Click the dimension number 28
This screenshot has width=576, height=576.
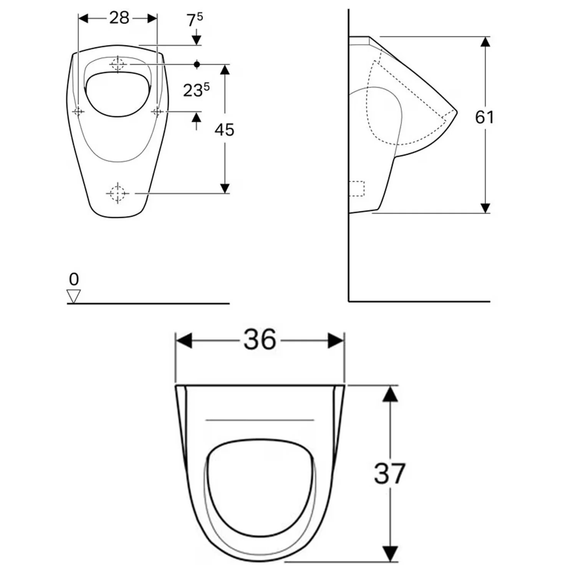pyautogui.click(x=119, y=18)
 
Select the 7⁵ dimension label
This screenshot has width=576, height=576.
pyautogui.click(x=195, y=20)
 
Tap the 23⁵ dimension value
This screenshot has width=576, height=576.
pyautogui.click(x=196, y=90)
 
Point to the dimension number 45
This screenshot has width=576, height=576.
pyautogui.click(x=224, y=130)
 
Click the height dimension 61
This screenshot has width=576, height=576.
pyautogui.click(x=485, y=117)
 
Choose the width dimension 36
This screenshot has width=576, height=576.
pyautogui.click(x=260, y=340)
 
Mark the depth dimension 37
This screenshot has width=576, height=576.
pyautogui.click(x=390, y=473)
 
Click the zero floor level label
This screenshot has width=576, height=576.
pyautogui.click(x=74, y=279)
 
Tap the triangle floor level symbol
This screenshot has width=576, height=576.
pyautogui.click(x=74, y=296)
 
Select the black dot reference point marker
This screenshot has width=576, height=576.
pyautogui.click(x=197, y=64)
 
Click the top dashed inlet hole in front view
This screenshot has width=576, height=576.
pyautogui.click(x=118, y=64)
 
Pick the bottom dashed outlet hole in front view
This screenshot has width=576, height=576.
pyautogui.click(x=118, y=193)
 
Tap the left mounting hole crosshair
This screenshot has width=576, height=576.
pyautogui.click(x=78, y=111)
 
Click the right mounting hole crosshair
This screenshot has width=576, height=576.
pyautogui.click(x=157, y=111)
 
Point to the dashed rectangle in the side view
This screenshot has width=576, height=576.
pyautogui.click(x=357, y=189)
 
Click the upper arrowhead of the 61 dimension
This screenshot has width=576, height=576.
pyautogui.click(x=485, y=41)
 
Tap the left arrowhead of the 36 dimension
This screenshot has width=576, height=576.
pyautogui.click(x=184, y=340)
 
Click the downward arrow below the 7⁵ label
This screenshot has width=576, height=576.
pyautogui.click(x=197, y=39)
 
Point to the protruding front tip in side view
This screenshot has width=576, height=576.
pyautogui.click(x=456, y=112)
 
